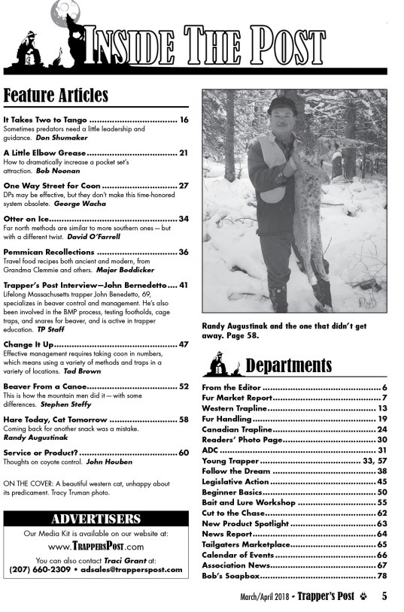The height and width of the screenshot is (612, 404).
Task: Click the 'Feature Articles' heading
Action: pyautogui.click(x=56, y=95)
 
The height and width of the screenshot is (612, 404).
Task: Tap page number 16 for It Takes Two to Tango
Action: pyautogui.click(x=184, y=120)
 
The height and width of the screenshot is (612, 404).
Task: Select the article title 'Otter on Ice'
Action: pyautogui.click(x=29, y=219)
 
